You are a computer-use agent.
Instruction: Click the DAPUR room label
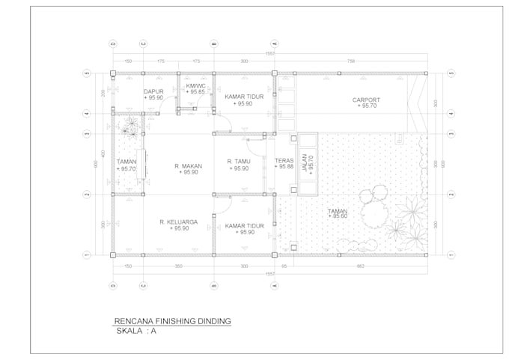[153, 92]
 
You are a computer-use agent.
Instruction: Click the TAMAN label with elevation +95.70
[127, 162]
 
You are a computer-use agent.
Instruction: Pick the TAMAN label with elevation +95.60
[338, 211]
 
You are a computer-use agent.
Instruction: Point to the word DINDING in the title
[214, 321]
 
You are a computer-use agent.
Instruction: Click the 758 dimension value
[351, 61]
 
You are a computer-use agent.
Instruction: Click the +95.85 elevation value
[196, 93]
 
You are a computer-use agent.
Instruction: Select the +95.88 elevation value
[284, 166]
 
